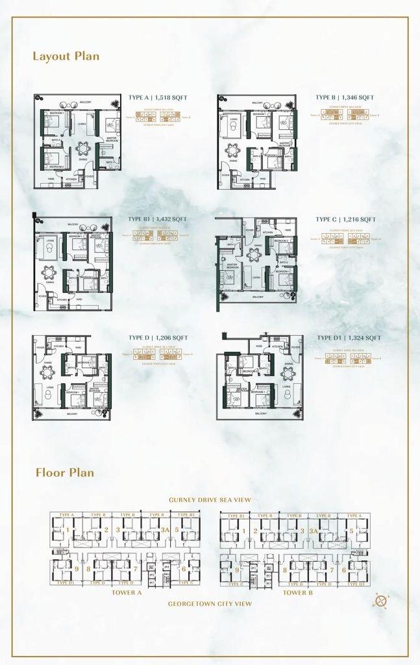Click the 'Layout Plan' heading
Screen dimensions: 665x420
pos(66,56)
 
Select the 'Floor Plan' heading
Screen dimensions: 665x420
pos(65,472)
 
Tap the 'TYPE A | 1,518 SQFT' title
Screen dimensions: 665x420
pos(158,97)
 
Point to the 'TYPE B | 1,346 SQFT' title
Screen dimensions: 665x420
pos(345,97)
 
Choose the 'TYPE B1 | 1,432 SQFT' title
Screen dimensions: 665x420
pos(157,220)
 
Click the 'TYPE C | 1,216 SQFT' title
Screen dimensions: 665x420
pos(345,220)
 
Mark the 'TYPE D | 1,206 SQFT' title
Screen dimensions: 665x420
pos(158,338)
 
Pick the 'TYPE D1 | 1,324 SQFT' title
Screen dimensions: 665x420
pos(349,338)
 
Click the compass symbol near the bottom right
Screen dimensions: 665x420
pos(381,601)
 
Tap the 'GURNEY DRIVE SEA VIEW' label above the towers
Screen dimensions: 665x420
pos(210,499)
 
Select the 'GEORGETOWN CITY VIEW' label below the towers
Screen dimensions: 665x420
pos(210,603)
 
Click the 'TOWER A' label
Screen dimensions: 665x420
pos(127,592)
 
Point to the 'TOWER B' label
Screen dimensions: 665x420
pos(298,592)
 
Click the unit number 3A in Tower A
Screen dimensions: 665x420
pos(165,530)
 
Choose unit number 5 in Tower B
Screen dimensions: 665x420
pos(351,530)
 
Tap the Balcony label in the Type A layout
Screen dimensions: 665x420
pos(85,102)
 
